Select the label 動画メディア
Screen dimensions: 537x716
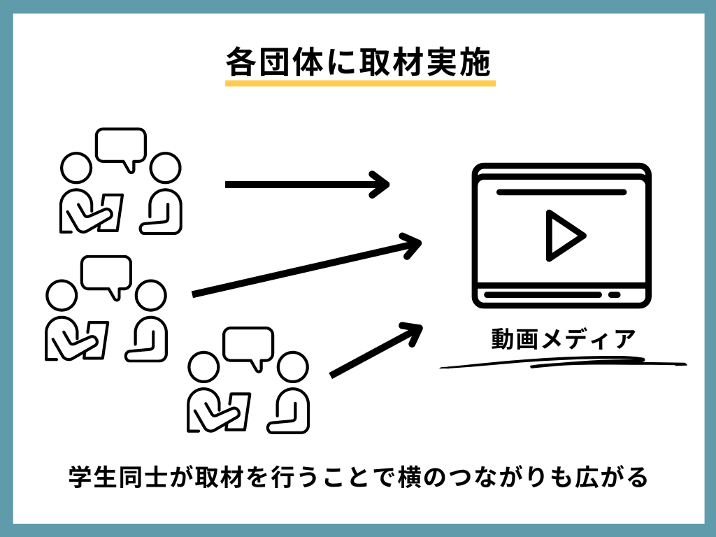coord(563,341)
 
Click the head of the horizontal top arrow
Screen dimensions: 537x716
coord(382,185)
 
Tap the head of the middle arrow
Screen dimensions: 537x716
coord(413,243)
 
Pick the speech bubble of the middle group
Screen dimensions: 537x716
coord(106,274)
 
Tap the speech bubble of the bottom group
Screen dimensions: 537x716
coord(248,346)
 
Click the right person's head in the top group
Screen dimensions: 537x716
coord(165,168)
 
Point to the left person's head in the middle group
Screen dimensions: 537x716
coord(61,294)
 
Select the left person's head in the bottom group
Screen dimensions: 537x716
coord(203,367)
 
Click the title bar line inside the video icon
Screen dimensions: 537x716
coord(561,192)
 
